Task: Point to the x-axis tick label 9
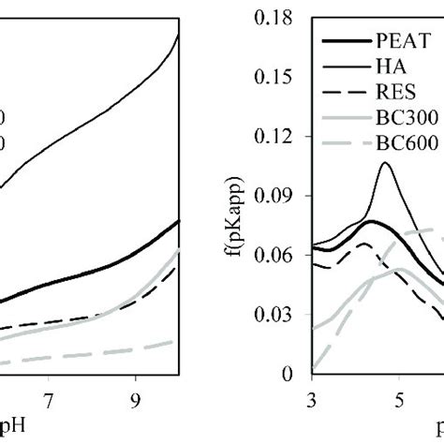(138, 397)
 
